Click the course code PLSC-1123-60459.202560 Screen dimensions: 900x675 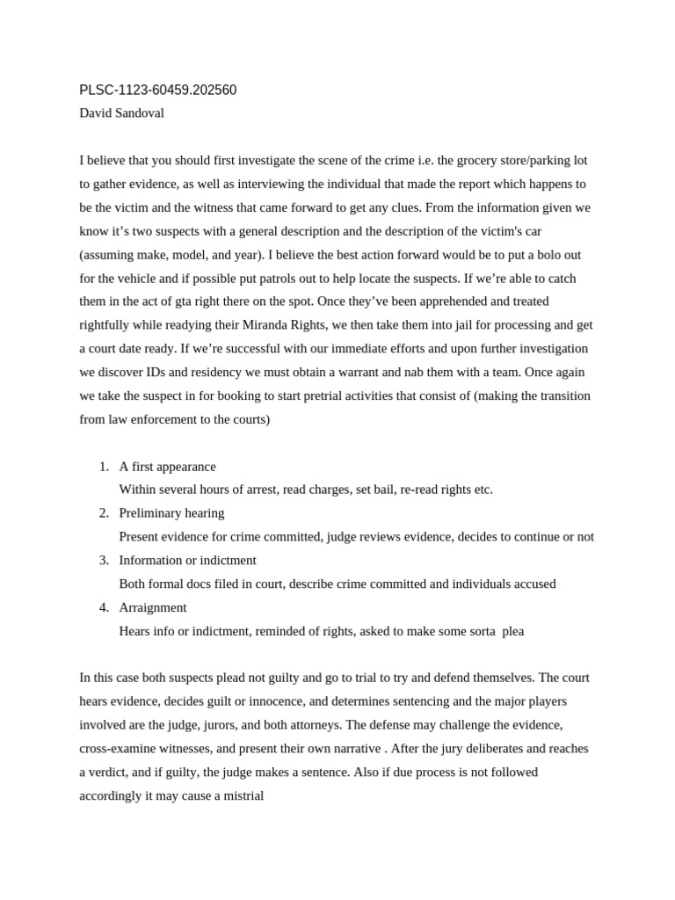[x=157, y=90]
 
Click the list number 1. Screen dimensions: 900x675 [x=103, y=466]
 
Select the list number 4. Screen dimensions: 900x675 [x=103, y=607]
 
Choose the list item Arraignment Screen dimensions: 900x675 [x=153, y=607]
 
